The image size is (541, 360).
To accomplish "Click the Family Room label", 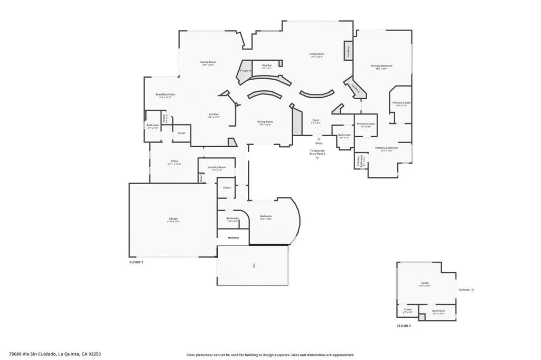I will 208,62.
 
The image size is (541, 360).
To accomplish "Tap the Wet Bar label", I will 266,65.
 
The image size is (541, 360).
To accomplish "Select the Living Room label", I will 316,54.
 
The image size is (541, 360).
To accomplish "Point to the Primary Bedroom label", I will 385,66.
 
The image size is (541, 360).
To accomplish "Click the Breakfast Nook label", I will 165,94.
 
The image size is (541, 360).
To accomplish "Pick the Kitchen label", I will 213,114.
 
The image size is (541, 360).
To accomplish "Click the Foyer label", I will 315,120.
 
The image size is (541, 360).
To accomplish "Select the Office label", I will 174,161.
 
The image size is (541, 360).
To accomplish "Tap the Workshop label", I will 234,238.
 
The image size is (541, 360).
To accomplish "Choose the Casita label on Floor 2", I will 425,283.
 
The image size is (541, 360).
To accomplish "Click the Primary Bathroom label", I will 386,148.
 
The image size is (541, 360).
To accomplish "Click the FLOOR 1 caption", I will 136,262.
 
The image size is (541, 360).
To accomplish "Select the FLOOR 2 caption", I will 404,326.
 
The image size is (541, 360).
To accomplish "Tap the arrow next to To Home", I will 473,290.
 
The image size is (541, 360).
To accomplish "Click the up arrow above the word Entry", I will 319,139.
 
